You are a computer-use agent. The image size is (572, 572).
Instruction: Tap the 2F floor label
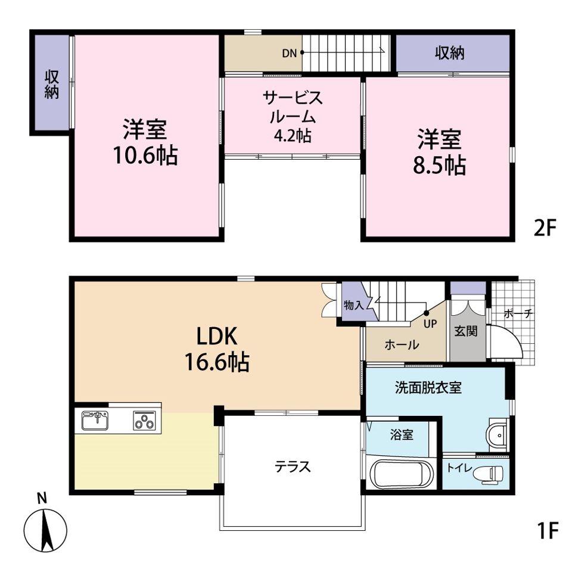[x=544, y=228]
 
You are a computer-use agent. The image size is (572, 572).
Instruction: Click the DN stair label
[x=289, y=53]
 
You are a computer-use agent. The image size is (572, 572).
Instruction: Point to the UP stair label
[x=430, y=324]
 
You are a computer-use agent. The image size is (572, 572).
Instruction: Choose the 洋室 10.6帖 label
[x=145, y=142]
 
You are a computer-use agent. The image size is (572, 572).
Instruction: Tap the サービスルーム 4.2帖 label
[x=293, y=116]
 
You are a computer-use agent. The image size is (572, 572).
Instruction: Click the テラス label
[x=293, y=467]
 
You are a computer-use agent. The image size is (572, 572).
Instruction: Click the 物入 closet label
[x=353, y=306]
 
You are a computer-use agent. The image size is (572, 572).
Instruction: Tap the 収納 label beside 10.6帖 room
[x=52, y=84]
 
